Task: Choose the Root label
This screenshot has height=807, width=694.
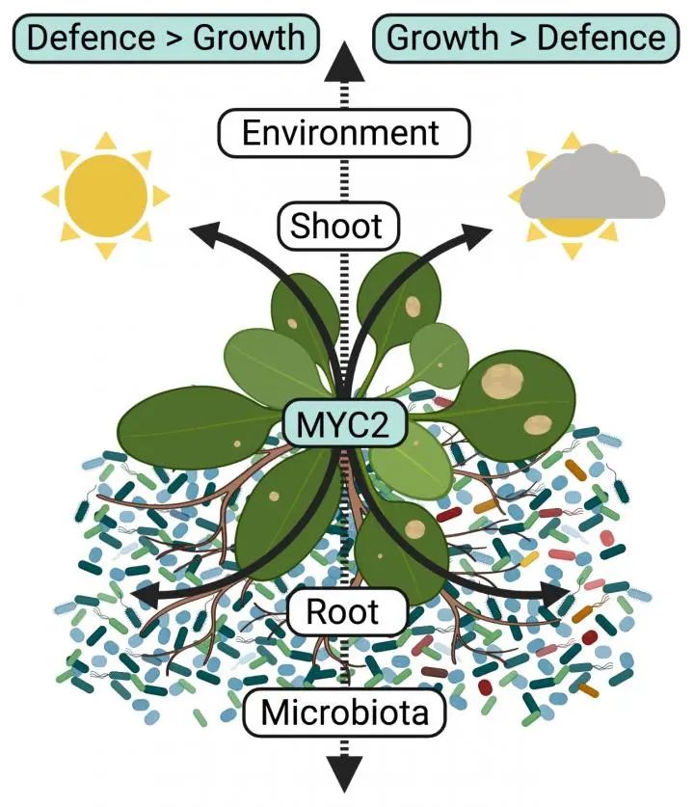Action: pyautogui.click(x=341, y=611)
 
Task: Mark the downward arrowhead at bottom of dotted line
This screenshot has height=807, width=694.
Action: pyautogui.click(x=343, y=771)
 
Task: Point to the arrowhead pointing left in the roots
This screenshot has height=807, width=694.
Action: pyautogui.click(x=142, y=593)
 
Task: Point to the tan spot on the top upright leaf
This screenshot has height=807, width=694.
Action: pyautogui.click(x=413, y=307)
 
